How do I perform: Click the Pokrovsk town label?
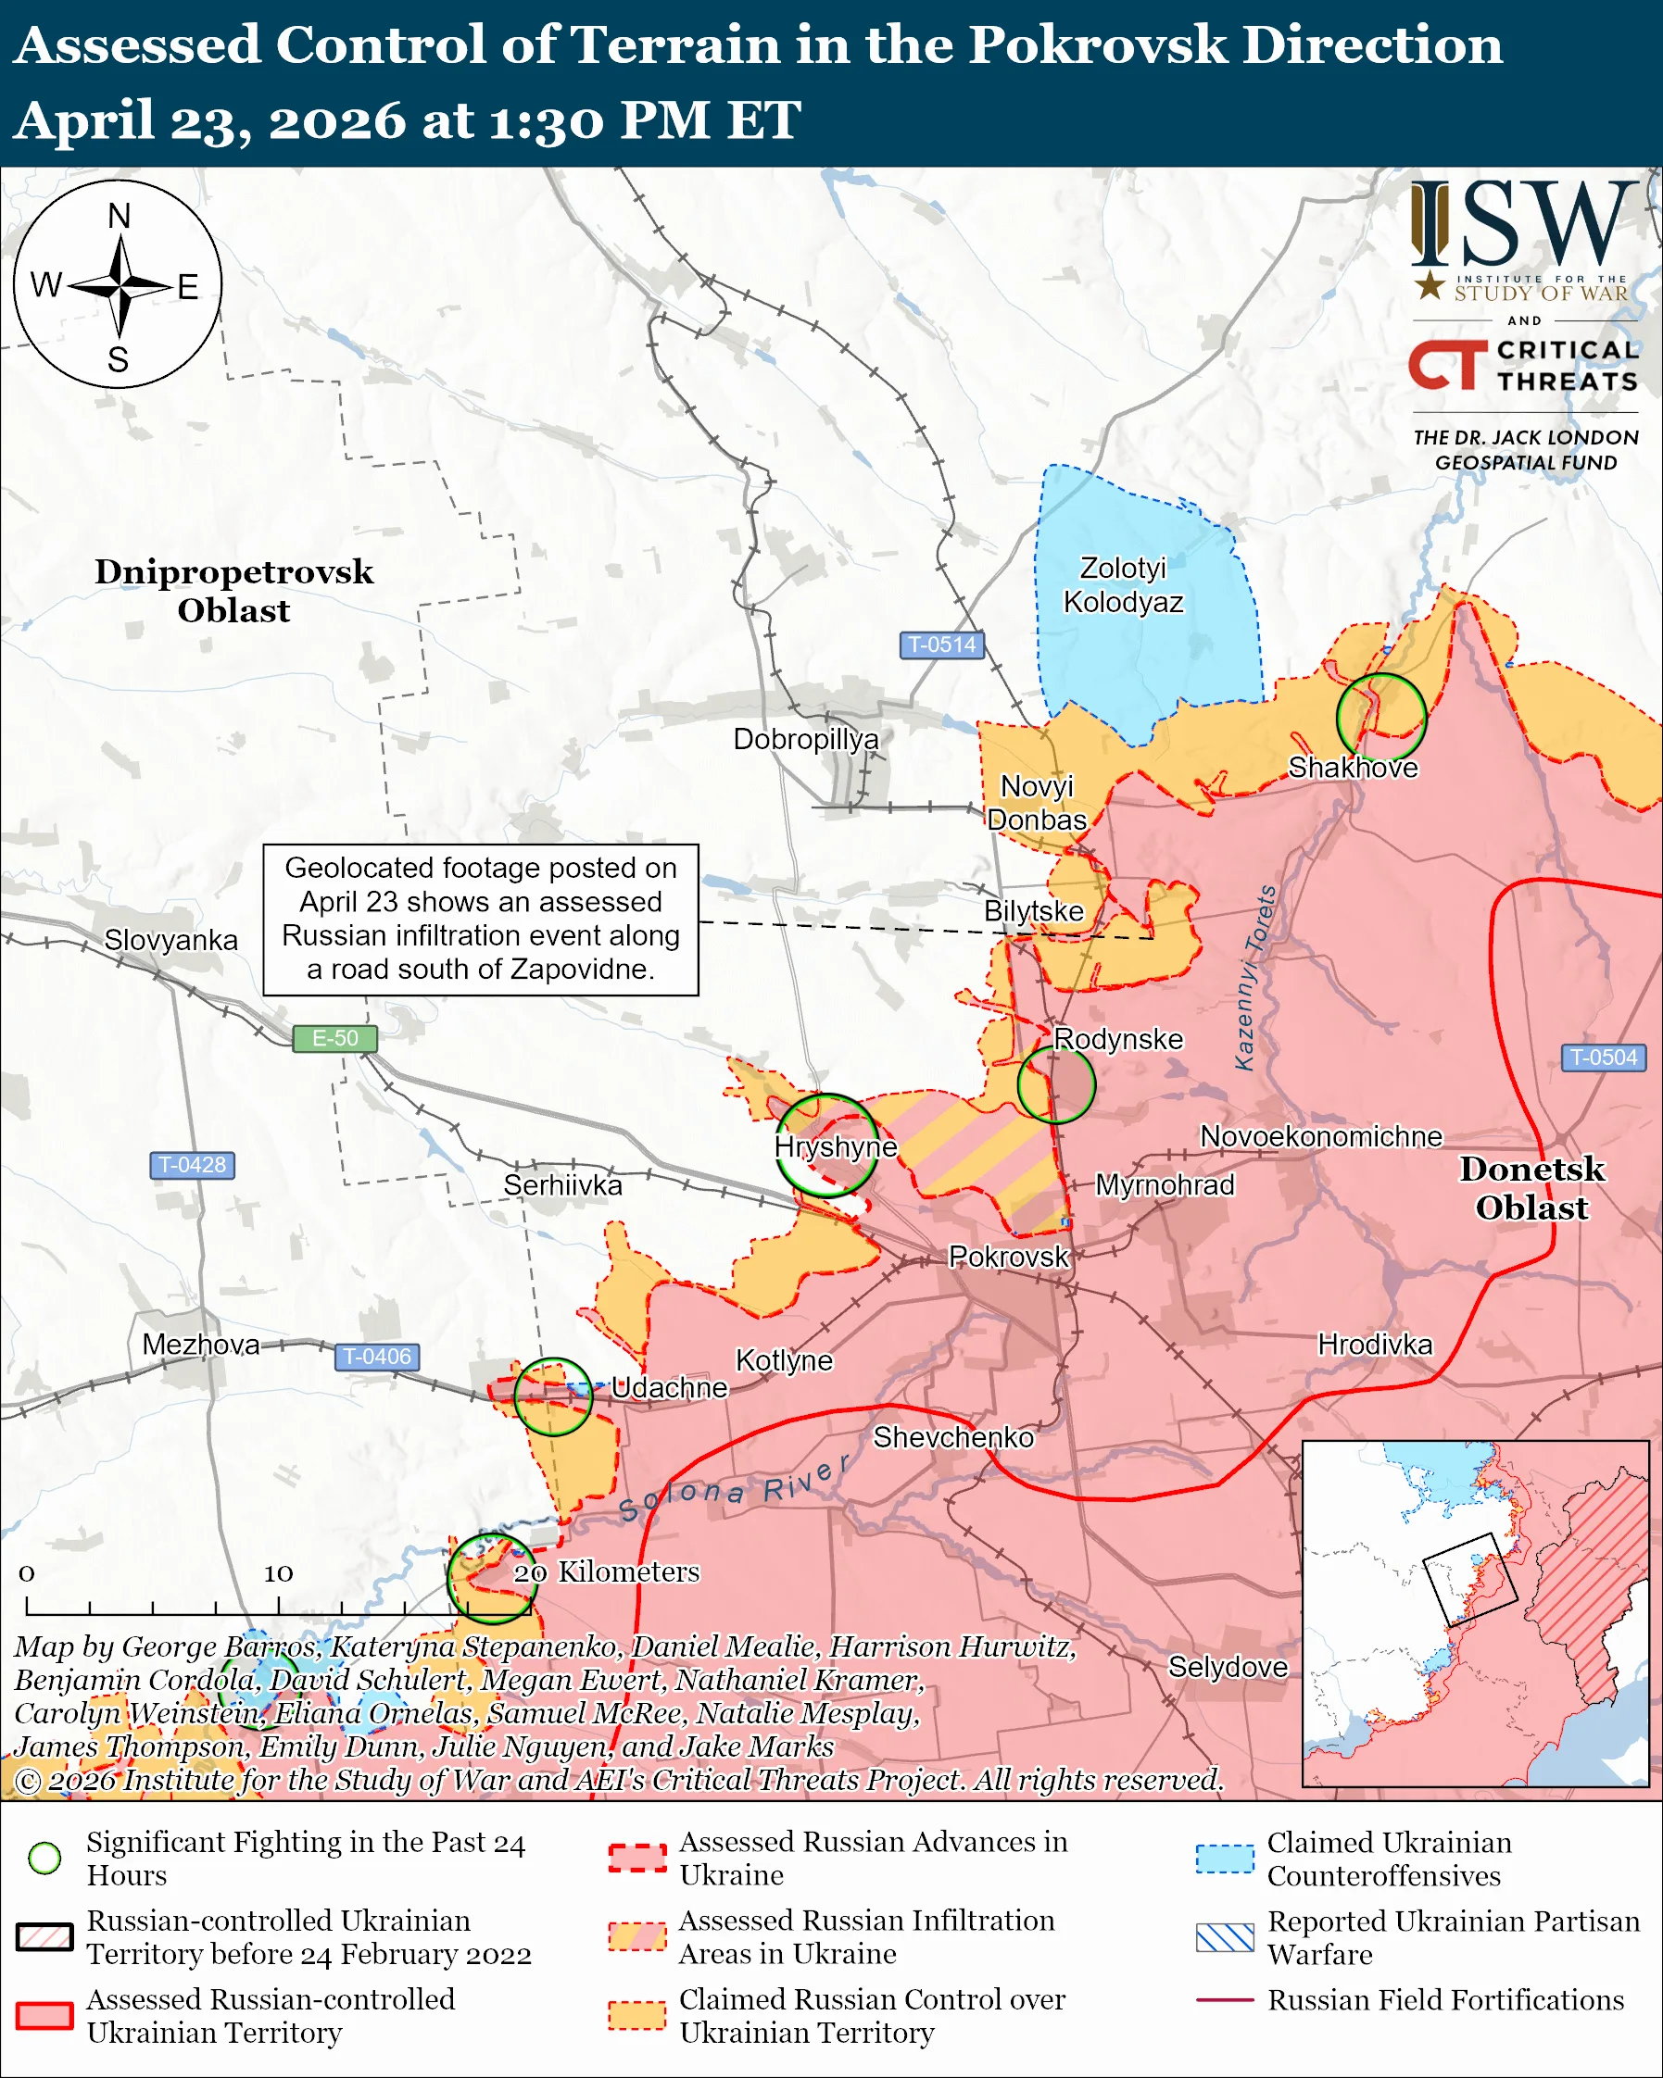1008,1257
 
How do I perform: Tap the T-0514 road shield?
941,645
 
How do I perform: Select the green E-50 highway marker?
334,1038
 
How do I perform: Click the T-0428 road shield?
192,1164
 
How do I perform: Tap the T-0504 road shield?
1602,1058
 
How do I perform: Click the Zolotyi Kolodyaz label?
1123,585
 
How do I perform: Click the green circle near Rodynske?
1055,1084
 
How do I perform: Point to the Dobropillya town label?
806,739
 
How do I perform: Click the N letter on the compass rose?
119,216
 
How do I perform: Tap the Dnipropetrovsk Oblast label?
233,591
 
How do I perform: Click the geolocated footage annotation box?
480,920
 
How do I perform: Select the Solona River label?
733,1489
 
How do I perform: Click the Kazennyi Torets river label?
1255,977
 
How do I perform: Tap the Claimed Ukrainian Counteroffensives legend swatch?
1225,1859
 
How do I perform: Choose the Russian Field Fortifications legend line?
1225,2000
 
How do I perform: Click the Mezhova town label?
200,1345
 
